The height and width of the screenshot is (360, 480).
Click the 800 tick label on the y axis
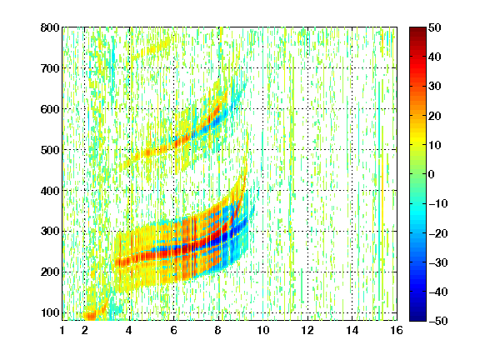point(50,27)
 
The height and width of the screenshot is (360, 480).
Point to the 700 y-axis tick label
point(50,68)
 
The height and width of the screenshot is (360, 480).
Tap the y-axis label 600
point(50,109)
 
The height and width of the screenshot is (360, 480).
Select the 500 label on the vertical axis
point(50,150)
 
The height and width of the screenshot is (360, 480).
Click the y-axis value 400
point(50,191)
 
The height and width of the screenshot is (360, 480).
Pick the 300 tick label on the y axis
point(50,231)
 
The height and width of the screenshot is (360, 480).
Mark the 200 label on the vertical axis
point(50,272)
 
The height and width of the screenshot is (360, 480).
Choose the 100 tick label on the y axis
point(50,312)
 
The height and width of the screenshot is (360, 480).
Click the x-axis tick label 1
point(62,330)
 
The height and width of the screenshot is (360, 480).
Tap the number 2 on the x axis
point(85,330)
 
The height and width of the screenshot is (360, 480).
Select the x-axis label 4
point(129,330)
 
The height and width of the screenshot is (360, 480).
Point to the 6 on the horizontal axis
point(173,330)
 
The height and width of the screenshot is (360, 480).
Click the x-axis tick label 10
point(263,330)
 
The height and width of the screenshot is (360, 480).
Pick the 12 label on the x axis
point(307,330)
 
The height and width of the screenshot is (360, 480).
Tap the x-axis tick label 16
point(397,330)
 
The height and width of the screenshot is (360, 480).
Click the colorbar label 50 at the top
point(435,27)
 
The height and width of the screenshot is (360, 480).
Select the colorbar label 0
point(432,174)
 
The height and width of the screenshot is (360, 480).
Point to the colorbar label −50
point(438,321)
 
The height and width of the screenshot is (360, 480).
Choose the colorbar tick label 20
point(435,116)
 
